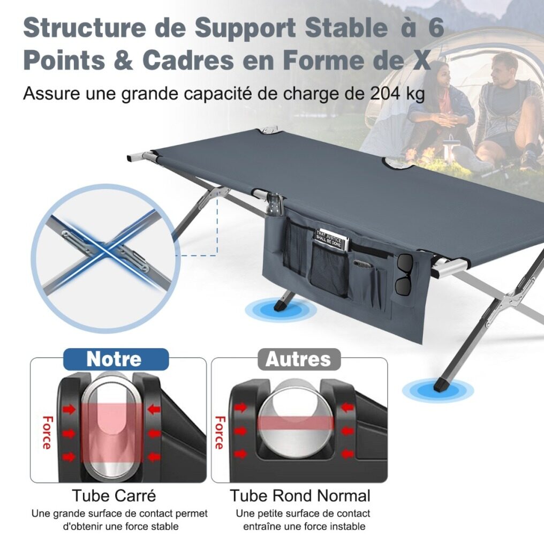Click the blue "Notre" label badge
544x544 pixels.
[x=116, y=359]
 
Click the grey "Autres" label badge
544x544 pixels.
[x=299, y=359]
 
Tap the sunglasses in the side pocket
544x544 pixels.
[x=404, y=275]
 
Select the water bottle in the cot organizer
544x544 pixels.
[x=275, y=205]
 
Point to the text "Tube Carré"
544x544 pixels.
[x=114, y=495]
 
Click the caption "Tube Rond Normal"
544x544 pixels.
[x=300, y=495]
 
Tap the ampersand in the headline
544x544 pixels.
[x=123, y=59]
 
